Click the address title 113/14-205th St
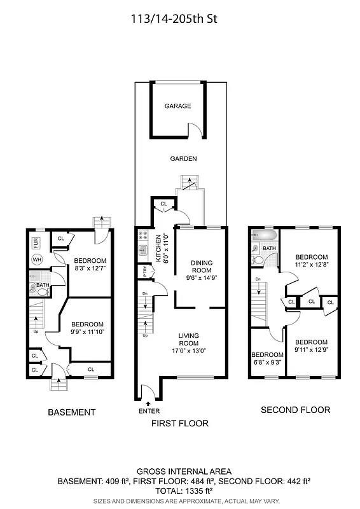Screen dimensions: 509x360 [x=180, y=19]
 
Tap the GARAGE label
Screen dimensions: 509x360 [x=177, y=106]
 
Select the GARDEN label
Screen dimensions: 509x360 [x=183, y=158]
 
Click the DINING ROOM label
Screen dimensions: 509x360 [x=201, y=266]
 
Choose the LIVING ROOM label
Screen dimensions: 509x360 [x=189, y=340]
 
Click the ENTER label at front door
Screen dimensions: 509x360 [x=149, y=412]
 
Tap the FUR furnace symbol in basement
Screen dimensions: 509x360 [x=36, y=243]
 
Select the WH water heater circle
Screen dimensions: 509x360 [x=37, y=260]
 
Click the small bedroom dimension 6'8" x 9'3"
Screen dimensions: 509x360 [x=267, y=363]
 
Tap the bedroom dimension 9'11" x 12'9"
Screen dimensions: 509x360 [x=311, y=350]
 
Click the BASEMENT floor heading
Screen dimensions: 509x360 [x=72, y=412]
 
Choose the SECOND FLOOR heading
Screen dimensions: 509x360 [x=295, y=410]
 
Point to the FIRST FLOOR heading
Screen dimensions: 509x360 [x=179, y=423]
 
